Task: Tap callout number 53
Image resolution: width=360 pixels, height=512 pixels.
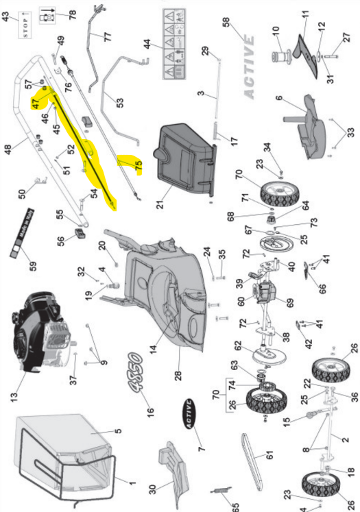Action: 120,103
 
